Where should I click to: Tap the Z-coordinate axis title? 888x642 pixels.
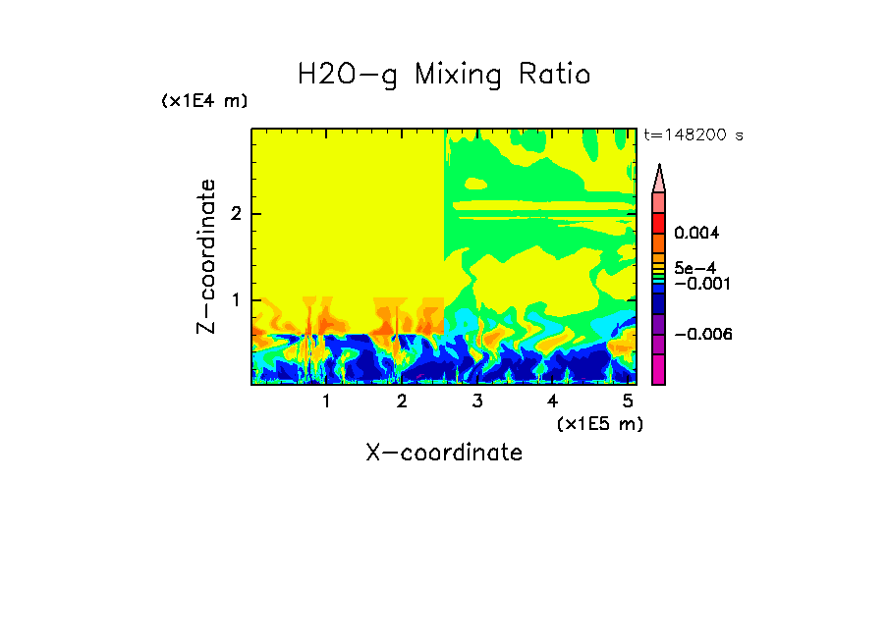206,256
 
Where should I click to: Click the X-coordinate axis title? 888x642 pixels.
444,453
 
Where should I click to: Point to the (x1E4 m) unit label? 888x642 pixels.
204,101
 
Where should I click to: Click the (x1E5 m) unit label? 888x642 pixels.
599,423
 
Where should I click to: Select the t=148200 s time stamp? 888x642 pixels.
693,135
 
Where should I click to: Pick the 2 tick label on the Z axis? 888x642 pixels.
235,214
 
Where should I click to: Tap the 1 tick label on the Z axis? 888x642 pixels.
235,299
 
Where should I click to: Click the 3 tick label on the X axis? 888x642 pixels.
477,401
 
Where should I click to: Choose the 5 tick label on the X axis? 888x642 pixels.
628,401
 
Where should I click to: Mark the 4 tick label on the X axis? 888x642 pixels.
552,401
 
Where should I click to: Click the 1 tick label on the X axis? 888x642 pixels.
326,401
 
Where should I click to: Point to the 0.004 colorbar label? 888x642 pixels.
697,234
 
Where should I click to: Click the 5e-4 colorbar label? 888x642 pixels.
695,267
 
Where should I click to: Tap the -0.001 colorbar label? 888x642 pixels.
700,284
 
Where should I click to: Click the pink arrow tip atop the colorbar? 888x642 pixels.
659,179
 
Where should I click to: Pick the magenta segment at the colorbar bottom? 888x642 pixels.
659,369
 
